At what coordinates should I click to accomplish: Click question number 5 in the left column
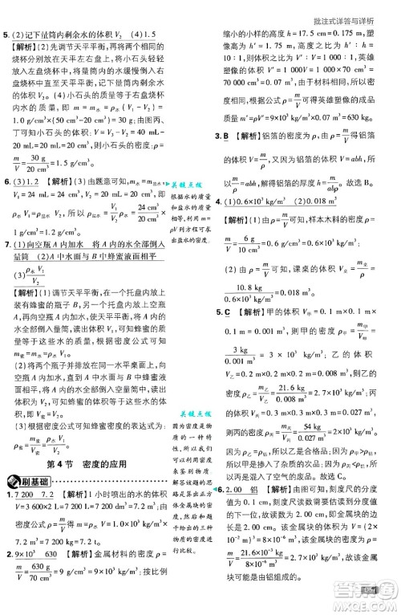[6, 34]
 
